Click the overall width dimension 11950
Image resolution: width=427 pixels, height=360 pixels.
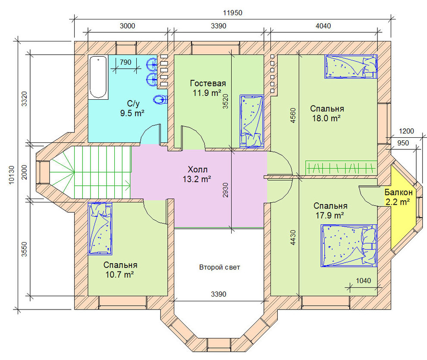click(232, 13)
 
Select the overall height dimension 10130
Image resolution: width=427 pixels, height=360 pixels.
click(12, 176)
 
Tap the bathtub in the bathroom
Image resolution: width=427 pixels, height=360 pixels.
click(98, 77)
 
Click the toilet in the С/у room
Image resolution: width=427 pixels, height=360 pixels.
click(160, 100)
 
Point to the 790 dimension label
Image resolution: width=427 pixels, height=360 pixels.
click(126, 62)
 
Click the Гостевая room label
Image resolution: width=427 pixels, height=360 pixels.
click(208, 83)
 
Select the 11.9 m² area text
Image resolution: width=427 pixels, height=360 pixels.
click(207, 93)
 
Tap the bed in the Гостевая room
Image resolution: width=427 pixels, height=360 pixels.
click(251, 121)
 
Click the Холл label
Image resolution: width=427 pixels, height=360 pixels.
click(198, 170)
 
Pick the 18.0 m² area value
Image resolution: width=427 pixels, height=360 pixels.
click(327, 118)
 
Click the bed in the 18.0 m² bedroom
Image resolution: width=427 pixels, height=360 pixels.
click(351, 66)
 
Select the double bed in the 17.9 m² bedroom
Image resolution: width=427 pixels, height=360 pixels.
click(349, 246)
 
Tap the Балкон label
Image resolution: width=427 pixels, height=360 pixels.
click(399, 193)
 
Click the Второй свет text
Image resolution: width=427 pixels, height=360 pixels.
click(220, 267)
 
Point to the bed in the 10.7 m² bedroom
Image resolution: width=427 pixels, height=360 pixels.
click(100, 229)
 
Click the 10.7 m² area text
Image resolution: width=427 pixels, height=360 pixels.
click(119, 275)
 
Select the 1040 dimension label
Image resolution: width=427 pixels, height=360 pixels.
click(363, 281)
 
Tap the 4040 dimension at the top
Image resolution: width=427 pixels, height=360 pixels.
click(323, 26)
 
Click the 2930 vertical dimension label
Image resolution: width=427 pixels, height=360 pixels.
click(226, 190)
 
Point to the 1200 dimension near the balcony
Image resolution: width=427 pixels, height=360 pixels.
click(406, 131)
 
